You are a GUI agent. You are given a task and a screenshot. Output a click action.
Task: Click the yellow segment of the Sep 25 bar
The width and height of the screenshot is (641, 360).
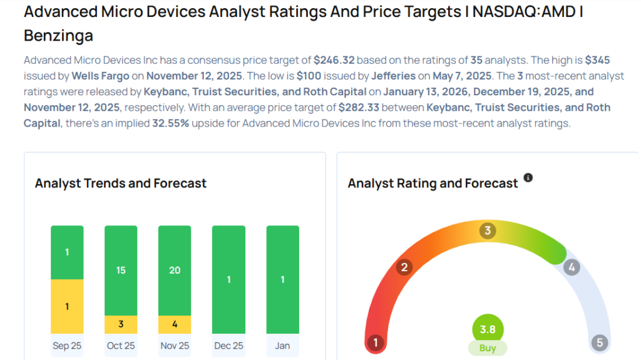tap(67, 306)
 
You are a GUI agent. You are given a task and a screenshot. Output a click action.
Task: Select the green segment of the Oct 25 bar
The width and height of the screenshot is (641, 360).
tap(121, 270)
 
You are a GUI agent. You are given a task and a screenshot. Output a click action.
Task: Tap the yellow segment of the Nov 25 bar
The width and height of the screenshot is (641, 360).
tap(175, 324)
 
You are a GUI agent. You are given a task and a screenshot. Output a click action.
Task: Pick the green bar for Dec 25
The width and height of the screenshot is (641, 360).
tap(228, 279)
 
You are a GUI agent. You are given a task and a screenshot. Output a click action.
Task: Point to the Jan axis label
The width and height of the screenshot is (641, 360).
tap(282, 346)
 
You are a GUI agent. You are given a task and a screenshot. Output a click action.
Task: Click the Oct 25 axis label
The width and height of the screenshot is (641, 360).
tap(121, 346)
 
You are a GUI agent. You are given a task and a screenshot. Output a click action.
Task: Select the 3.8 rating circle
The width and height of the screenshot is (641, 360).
tap(488, 329)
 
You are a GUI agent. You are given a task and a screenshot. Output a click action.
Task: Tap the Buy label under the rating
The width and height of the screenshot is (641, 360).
tap(488, 348)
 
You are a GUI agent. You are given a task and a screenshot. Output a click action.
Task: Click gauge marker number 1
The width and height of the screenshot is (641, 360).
tap(376, 342)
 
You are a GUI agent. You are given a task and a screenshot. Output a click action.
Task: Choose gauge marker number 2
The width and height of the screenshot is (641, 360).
tap(404, 268)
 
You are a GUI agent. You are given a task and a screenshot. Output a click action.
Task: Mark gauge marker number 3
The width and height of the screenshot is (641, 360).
tap(488, 230)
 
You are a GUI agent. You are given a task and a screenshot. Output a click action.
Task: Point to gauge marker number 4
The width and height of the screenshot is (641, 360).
tap(571, 268)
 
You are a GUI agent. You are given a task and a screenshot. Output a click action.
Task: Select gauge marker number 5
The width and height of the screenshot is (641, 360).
tap(600, 342)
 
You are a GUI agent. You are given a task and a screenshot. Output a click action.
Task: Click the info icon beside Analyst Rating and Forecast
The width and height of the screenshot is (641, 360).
tap(528, 178)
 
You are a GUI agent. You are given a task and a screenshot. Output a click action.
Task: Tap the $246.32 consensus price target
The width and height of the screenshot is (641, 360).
tap(334, 61)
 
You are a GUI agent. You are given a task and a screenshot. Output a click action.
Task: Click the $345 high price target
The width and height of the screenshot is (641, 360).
tap(597, 61)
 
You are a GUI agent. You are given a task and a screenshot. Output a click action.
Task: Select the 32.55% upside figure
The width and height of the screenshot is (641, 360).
tap(172, 123)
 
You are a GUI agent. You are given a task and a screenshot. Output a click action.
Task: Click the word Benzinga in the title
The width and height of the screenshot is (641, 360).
tap(58, 36)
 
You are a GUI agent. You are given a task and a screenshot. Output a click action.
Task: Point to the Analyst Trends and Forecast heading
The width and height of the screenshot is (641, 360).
tap(121, 183)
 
